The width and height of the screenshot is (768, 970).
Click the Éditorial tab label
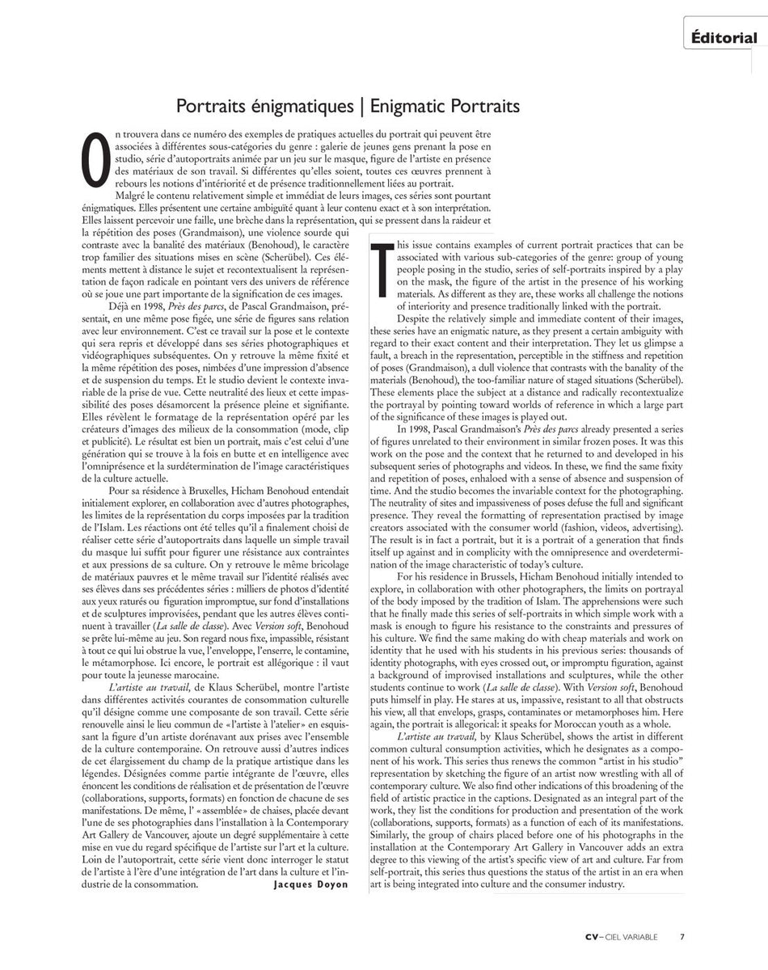pyautogui.click(x=724, y=38)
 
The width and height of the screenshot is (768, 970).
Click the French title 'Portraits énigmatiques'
pyautogui.click(x=264, y=107)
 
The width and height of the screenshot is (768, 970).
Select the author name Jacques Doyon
pyautogui.click(x=310, y=884)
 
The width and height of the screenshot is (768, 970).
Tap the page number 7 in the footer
pyautogui.click(x=681, y=937)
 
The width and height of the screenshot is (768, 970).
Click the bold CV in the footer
pyautogui.click(x=593, y=937)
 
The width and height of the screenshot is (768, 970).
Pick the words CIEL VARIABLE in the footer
pyautogui.click(x=635, y=937)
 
